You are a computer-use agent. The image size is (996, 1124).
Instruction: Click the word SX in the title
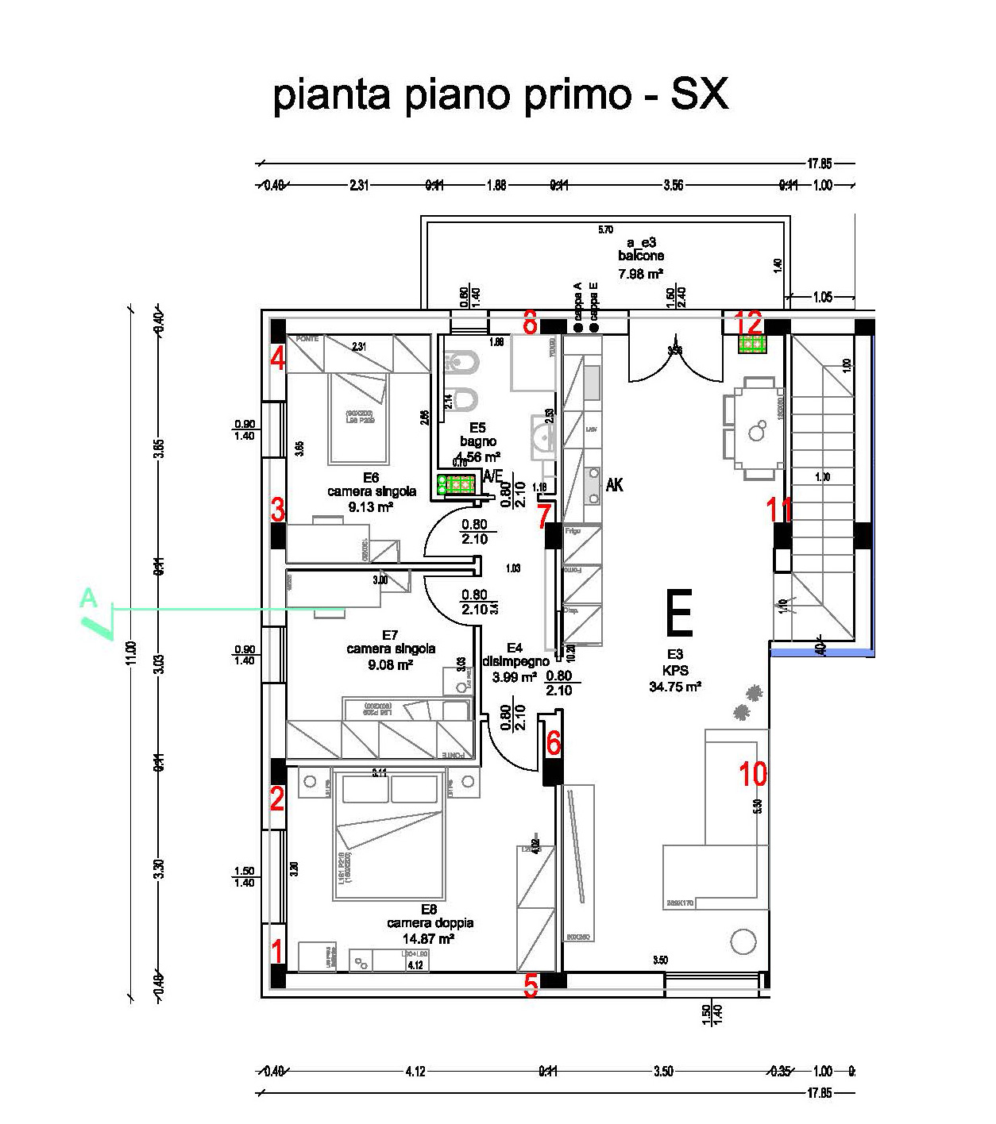pyautogui.click(x=699, y=94)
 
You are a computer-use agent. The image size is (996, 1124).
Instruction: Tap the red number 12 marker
pyautogui.click(x=749, y=323)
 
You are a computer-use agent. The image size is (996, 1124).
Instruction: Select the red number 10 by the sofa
pyautogui.click(x=753, y=772)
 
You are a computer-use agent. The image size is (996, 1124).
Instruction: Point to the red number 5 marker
pyautogui.click(x=531, y=985)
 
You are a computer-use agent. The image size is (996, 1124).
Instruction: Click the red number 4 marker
pyautogui.click(x=277, y=358)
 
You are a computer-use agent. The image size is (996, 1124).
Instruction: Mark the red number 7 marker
pyautogui.click(x=543, y=516)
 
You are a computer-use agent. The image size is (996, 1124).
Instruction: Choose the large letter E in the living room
pyautogui.click(x=680, y=613)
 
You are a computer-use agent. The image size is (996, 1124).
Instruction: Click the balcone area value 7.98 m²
pyautogui.click(x=641, y=275)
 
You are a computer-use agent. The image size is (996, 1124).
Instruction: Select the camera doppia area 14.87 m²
pyautogui.click(x=430, y=938)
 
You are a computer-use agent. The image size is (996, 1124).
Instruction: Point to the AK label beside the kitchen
pyautogui.click(x=614, y=484)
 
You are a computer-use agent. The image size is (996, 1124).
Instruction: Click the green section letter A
pyautogui.click(x=88, y=597)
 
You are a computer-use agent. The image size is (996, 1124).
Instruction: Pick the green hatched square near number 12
pyautogui.click(x=751, y=345)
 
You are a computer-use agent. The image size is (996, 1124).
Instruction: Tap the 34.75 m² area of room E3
pyautogui.click(x=674, y=687)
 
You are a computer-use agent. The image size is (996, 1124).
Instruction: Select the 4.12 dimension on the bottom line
pyautogui.click(x=415, y=1071)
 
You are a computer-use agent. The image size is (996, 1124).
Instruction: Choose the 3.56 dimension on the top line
pyautogui.click(x=673, y=186)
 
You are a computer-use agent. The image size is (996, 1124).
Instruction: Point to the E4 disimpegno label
pyautogui.click(x=515, y=655)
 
